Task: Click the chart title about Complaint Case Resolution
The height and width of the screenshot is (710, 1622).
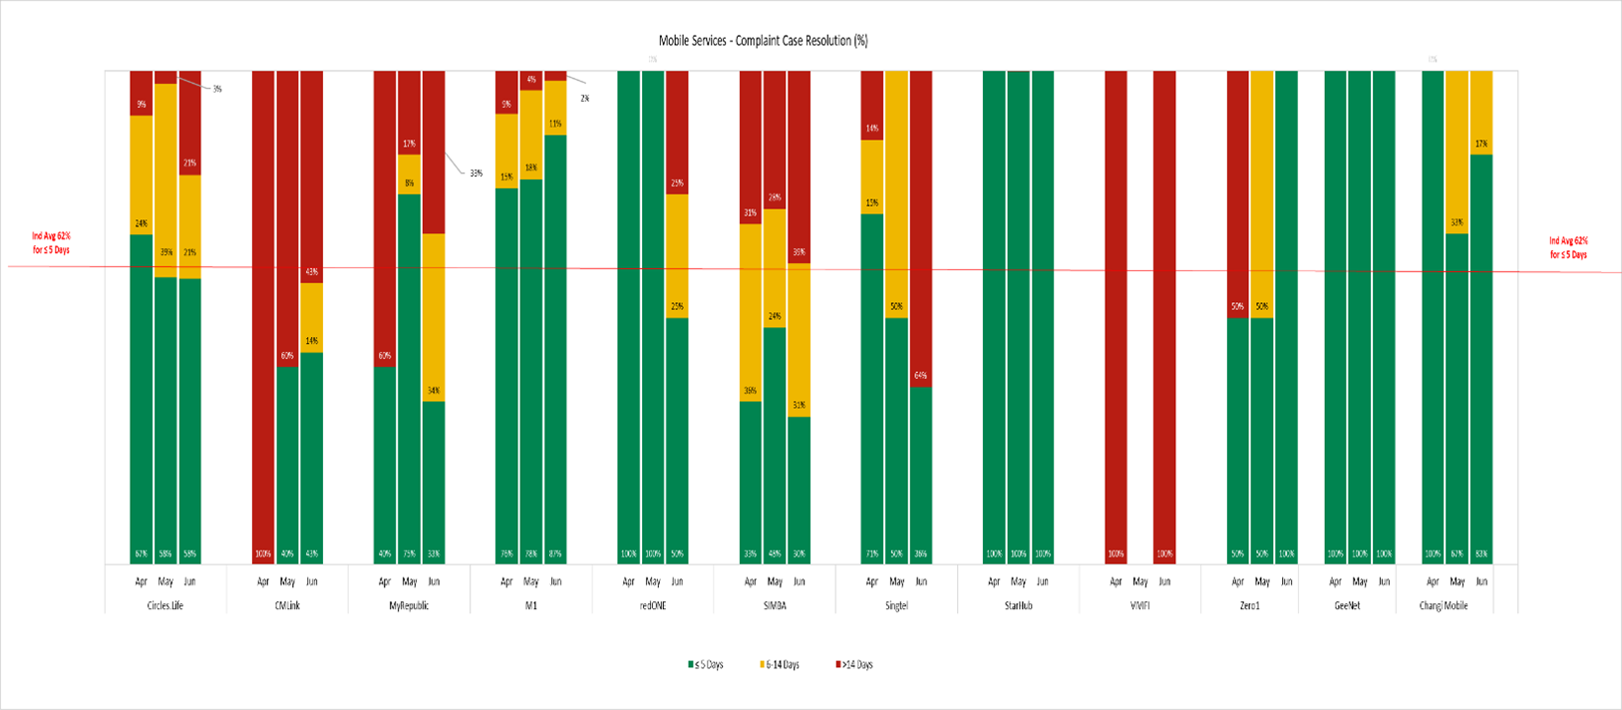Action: (763, 41)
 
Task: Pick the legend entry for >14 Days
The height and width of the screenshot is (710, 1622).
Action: (854, 664)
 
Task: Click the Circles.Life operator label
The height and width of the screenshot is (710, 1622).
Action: (164, 605)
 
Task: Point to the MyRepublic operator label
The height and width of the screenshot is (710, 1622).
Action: (409, 605)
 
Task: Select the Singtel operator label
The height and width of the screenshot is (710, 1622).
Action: (896, 605)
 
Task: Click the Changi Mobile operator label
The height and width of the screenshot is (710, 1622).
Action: (1457, 605)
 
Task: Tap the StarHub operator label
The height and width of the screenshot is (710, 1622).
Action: (1018, 605)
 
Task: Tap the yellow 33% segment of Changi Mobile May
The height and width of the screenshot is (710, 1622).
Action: (1457, 150)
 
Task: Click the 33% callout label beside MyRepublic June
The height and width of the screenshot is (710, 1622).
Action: (476, 174)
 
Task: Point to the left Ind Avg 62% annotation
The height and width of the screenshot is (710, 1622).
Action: (51, 243)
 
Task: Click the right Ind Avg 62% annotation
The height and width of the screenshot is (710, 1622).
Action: (1568, 247)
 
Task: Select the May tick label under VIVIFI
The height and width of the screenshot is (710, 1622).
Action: (1140, 581)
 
